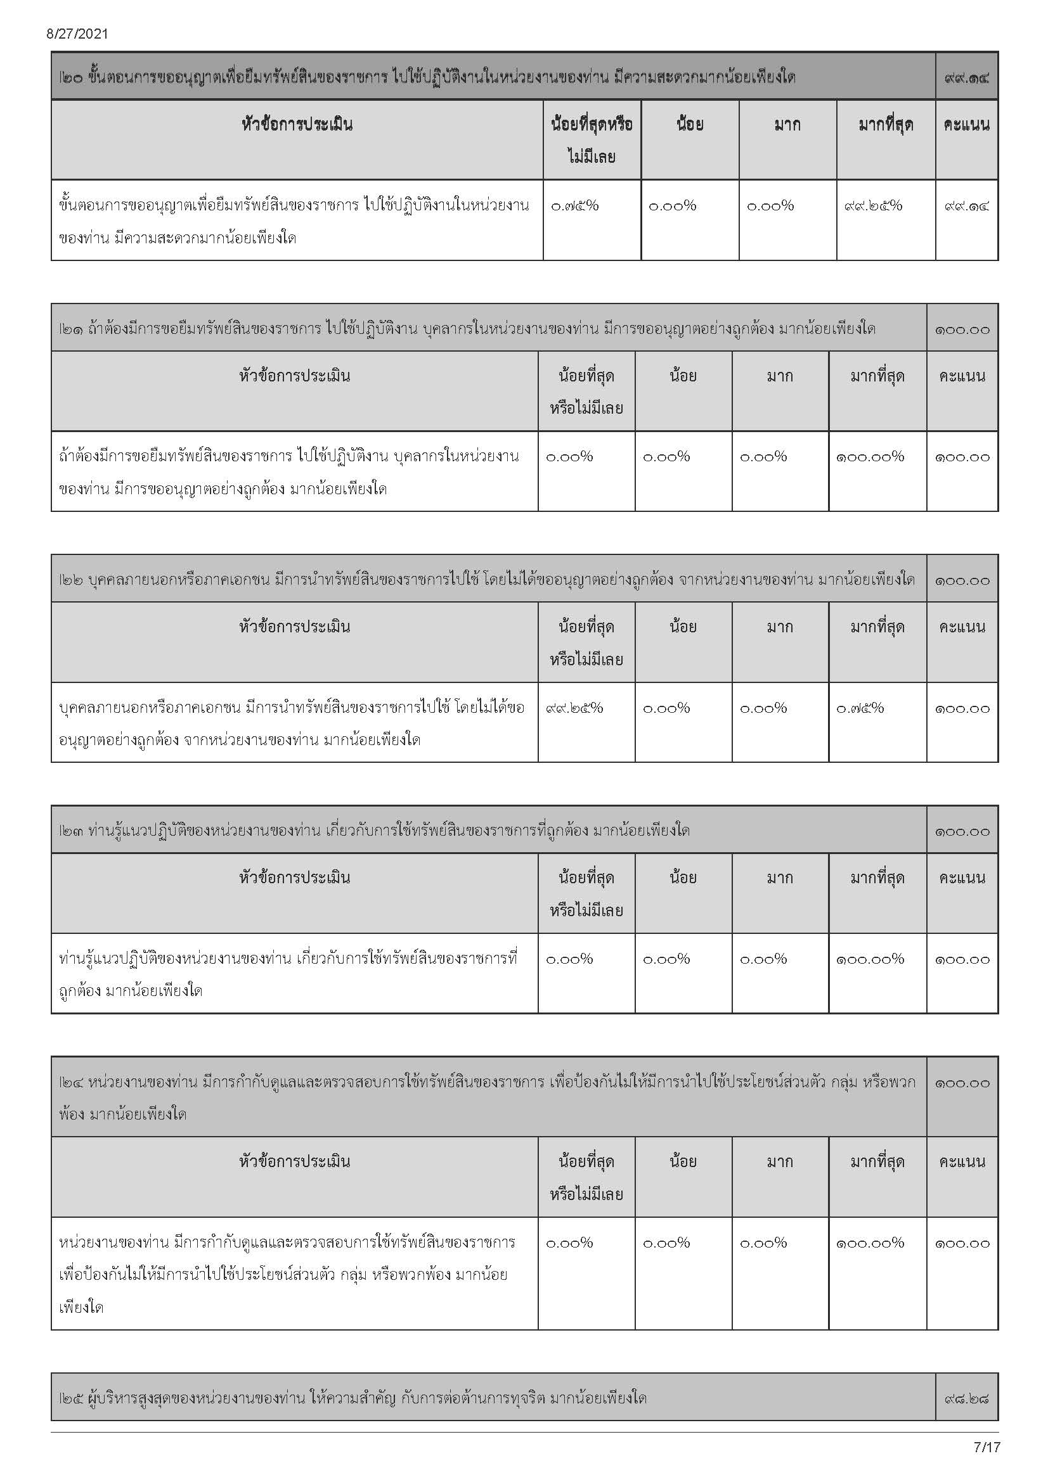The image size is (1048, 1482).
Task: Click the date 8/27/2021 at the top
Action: click(x=77, y=34)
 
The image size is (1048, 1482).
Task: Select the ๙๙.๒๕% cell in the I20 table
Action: click(x=872, y=206)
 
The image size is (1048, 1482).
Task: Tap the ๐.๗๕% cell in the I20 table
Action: click(x=574, y=206)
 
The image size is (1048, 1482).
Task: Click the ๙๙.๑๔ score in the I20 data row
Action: click(x=966, y=206)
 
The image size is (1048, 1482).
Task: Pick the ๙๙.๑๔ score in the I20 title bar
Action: click(x=966, y=78)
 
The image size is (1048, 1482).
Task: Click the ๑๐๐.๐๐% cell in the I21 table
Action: click(x=870, y=457)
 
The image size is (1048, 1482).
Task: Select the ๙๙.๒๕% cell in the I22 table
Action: click(x=574, y=708)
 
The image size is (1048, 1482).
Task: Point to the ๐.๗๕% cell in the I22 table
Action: click(x=860, y=708)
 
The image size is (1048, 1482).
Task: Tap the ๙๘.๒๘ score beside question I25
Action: click(x=966, y=1399)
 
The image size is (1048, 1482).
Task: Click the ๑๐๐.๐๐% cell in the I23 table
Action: click(x=870, y=959)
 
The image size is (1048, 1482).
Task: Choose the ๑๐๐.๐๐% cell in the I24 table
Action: click(x=870, y=1243)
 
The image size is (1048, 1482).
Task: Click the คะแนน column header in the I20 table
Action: click(x=966, y=125)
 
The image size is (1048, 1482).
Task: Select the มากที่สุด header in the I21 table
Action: click(x=877, y=376)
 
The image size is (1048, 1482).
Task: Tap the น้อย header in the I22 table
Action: click(x=683, y=627)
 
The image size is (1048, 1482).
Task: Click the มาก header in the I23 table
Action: click(x=779, y=878)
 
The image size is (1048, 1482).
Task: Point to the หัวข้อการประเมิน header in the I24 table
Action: click(x=294, y=1162)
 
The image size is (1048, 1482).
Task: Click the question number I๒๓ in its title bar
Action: click(x=70, y=831)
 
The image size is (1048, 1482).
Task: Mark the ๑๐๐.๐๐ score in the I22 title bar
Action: click(x=962, y=580)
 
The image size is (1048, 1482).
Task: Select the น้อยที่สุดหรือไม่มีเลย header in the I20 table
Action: click(x=592, y=140)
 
